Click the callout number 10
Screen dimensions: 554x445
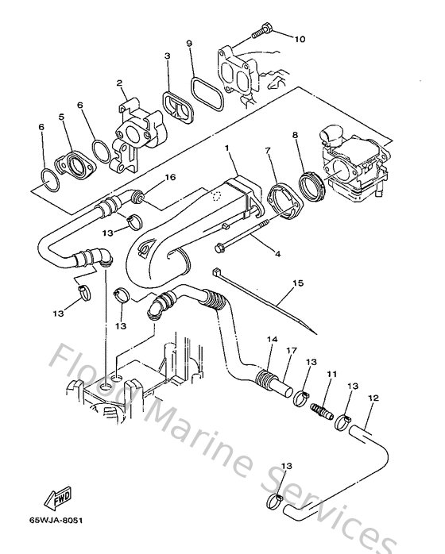click(300, 39)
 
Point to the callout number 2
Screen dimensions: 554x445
click(118, 82)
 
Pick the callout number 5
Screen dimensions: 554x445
click(60, 117)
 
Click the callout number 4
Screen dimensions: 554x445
click(278, 254)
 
